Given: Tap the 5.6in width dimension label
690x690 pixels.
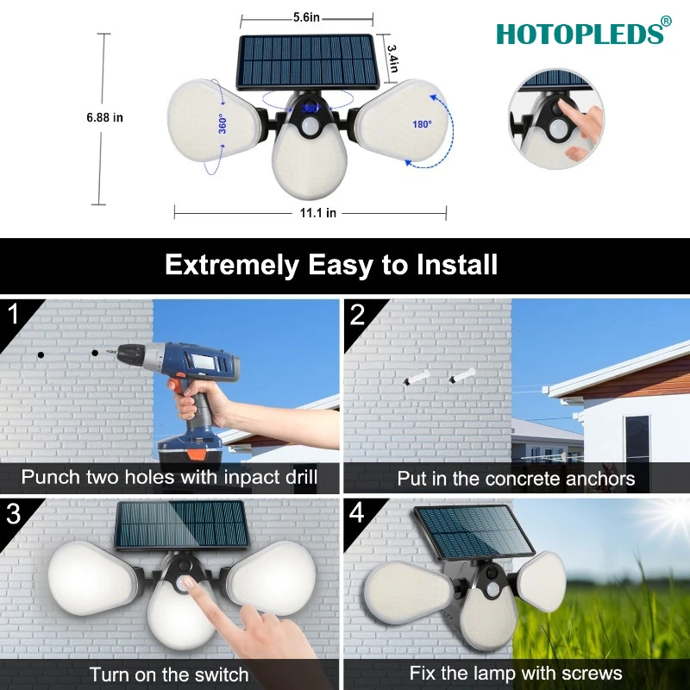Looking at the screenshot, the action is pyautogui.click(x=306, y=17).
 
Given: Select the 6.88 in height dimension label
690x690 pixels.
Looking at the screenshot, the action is pyautogui.click(x=104, y=117).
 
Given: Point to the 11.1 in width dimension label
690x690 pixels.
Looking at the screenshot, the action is pyautogui.click(x=317, y=213).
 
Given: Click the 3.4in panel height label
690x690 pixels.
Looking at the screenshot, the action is pyautogui.click(x=393, y=58).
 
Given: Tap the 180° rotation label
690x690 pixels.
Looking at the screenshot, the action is pyautogui.click(x=422, y=124).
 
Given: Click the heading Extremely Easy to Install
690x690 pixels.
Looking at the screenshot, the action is pyautogui.click(x=331, y=265).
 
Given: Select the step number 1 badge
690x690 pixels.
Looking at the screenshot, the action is pyautogui.click(x=14, y=314).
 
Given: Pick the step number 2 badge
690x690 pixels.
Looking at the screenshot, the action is pyautogui.click(x=357, y=315).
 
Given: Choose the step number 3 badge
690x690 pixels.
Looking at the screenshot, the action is pyautogui.click(x=14, y=513).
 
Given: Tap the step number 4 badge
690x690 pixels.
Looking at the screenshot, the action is pyautogui.click(x=357, y=513).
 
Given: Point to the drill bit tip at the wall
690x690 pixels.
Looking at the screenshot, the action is pyautogui.click(x=107, y=352).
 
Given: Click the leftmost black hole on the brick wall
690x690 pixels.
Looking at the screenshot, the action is pyautogui.click(x=41, y=354).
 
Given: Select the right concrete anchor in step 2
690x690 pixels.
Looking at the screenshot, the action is pyautogui.click(x=461, y=375).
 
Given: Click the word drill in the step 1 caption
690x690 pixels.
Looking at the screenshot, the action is pyautogui.click(x=301, y=477).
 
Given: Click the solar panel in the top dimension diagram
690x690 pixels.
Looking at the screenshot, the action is pyautogui.click(x=308, y=61).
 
